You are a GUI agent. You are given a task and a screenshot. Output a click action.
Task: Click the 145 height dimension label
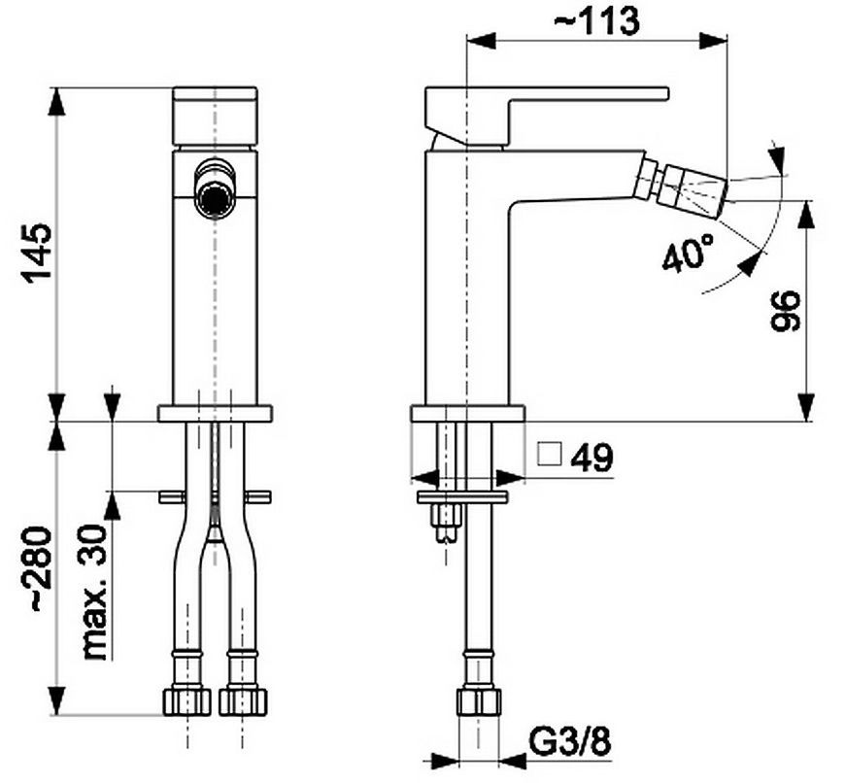point(37,252)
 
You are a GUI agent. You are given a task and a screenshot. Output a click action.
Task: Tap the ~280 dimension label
point(41,569)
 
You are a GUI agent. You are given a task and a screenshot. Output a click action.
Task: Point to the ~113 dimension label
point(597,21)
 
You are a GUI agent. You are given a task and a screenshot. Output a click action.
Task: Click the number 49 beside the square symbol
point(591,458)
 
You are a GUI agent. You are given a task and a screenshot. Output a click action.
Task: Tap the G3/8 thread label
point(571,742)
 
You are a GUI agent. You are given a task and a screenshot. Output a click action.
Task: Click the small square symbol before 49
point(550,454)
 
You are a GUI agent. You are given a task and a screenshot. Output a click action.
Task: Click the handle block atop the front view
point(215,116)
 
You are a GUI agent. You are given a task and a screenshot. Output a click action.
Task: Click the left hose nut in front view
point(186,700)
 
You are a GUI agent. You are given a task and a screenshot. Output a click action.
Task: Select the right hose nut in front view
point(243,700)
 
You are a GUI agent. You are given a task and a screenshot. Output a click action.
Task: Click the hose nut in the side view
point(479,701)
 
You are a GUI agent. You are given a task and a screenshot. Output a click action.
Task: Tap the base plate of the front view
point(215,413)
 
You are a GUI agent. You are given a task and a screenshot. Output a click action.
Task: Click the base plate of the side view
point(468,413)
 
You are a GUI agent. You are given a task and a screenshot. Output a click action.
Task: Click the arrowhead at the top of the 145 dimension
point(56,101)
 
